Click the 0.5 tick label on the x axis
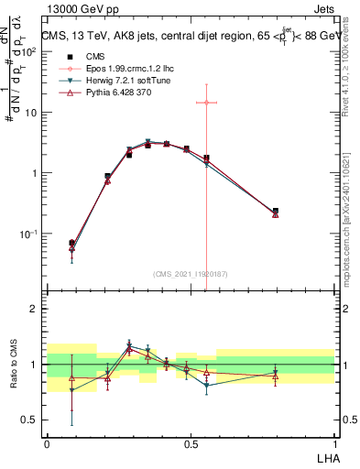(190, 442)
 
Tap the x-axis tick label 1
(333, 442)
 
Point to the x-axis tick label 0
(47, 442)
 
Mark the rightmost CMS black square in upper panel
(276, 212)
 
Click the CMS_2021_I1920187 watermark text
(190, 274)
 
